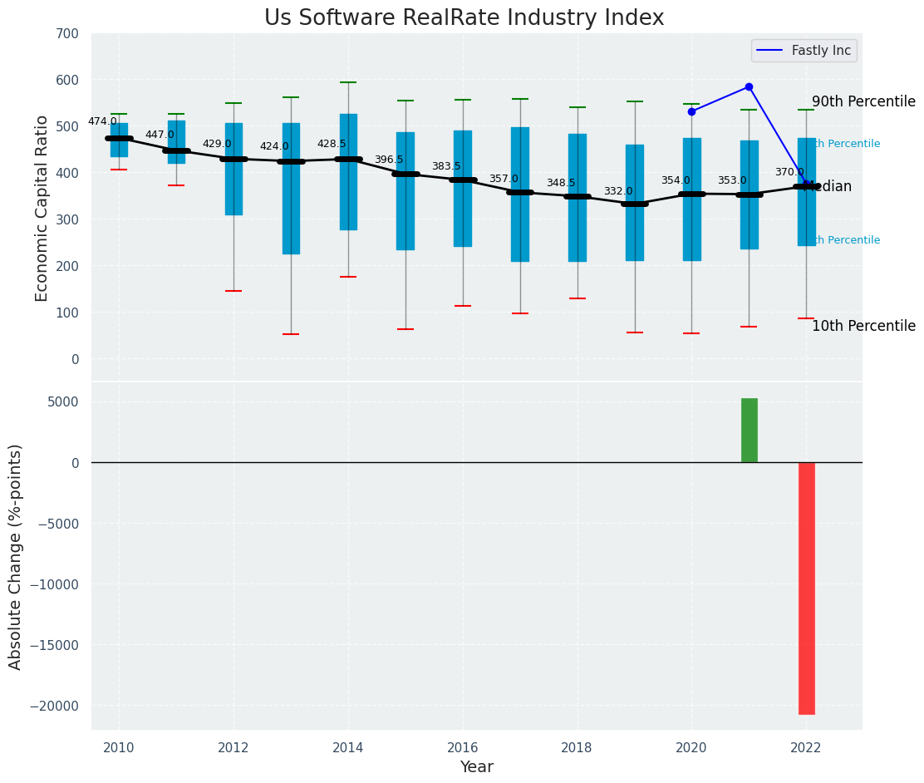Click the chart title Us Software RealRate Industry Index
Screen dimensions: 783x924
(464, 18)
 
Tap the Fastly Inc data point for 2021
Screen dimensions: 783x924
(749, 86)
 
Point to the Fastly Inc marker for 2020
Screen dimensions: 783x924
(691, 111)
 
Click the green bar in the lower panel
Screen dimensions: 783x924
(749, 431)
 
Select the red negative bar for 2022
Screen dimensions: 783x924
(806, 588)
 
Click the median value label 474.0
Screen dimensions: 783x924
(102, 122)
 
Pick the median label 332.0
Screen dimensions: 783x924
(618, 192)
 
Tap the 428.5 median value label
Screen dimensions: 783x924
(332, 145)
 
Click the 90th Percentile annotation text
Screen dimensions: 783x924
(863, 102)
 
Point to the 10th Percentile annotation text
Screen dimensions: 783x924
(863, 327)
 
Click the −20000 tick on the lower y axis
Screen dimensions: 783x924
(56, 706)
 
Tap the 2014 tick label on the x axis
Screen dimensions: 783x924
(348, 746)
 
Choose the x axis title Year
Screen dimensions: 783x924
(476, 767)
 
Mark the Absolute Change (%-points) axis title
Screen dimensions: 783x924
(16, 556)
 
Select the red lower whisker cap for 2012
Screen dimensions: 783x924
(233, 291)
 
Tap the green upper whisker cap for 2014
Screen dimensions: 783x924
(348, 82)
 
